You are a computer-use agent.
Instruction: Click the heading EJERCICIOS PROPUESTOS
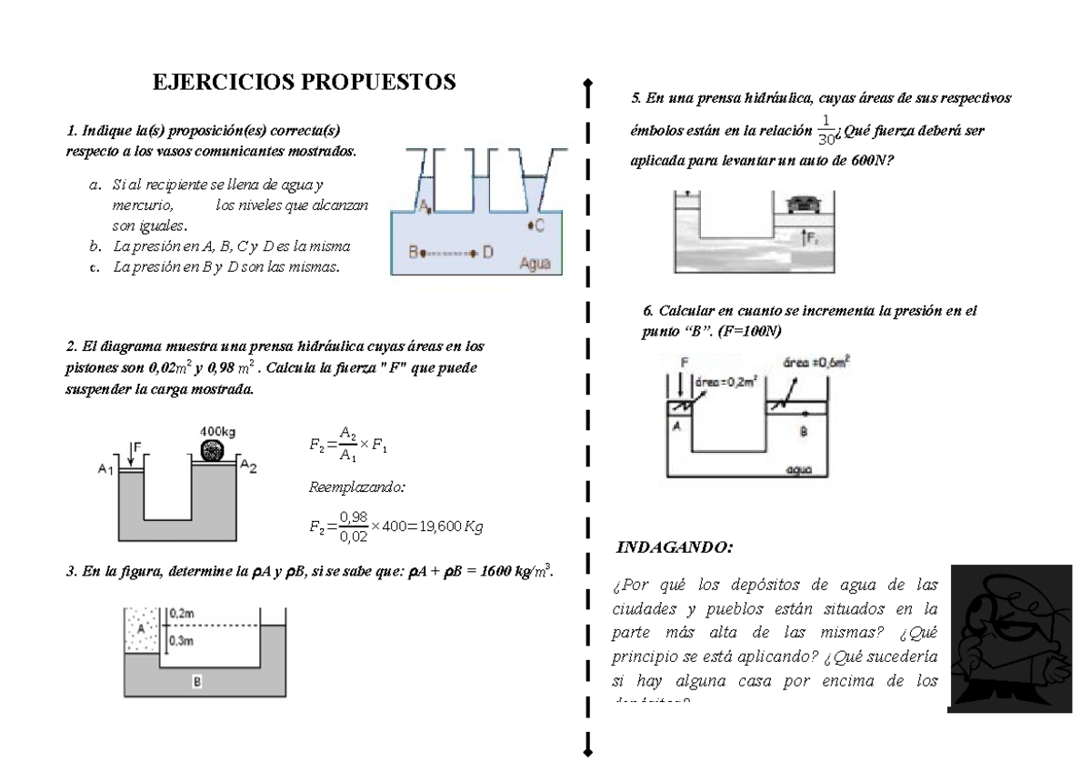(303, 84)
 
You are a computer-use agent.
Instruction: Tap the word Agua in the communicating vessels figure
(537, 264)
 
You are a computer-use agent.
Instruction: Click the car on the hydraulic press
(801, 203)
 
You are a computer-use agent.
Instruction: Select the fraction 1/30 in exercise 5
(826, 130)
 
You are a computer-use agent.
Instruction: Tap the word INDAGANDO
(674, 547)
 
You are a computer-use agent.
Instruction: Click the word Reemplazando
(357, 487)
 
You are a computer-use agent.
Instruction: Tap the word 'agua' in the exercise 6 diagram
(803, 470)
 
